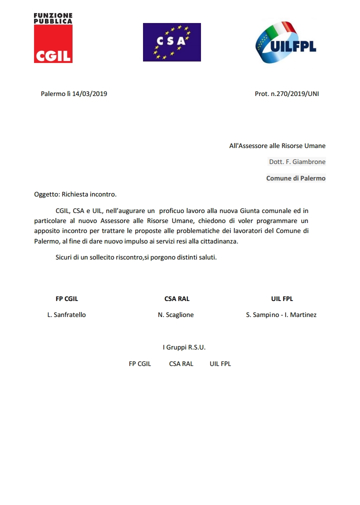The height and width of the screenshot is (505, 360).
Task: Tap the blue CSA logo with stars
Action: pyautogui.click(x=171, y=42)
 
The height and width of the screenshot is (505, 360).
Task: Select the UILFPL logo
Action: pyautogui.click(x=286, y=42)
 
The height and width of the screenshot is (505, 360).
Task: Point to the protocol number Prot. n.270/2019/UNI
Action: pyautogui.click(x=286, y=93)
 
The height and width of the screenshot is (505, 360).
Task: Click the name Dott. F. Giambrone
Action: pyautogui.click(x=297, y=162)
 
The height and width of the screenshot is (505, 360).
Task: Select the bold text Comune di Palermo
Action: pyautogui.click(x=295, y=178)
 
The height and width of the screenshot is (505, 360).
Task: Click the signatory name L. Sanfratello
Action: pyautogui.click(x=66, y=315)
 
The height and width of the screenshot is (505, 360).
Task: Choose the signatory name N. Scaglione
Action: pyautogui.click(x=175, y=315)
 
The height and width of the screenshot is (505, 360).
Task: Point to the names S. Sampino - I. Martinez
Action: pyautogui.click(x=281, y=315)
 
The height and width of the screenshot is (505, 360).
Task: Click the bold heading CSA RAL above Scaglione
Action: pyautogui.click(x=177, y=299)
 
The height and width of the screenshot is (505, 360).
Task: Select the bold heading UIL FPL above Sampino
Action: pyautogui.click(x=282, y=299)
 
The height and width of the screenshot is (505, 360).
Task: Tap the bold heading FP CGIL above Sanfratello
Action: pyautogui.click(x=66, y=299)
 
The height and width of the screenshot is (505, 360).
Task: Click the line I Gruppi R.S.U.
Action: pyautogui.click(x=184, y=347)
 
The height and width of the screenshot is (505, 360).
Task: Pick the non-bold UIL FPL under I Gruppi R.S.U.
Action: pyautogui.click(x=220, y=364)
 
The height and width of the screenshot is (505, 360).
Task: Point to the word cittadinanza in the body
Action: pyautogui.click(x=218, y=241)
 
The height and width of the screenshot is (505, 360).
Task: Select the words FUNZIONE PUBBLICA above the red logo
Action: pyautogui.click(x=53, y=18)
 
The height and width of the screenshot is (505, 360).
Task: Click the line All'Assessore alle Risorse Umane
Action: pyautogui.click(x=277, y=146)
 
